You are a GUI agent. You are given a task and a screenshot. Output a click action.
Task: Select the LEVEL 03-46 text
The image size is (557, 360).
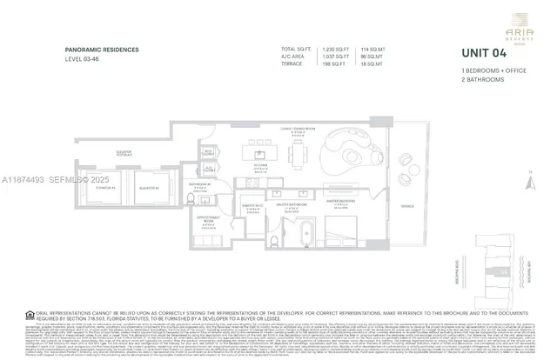(x=86, y=59)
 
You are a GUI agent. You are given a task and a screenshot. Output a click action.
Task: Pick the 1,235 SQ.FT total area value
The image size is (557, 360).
(x=335, y=50)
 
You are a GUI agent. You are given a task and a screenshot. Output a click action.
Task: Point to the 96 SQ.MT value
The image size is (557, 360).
(x=372, y=57)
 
